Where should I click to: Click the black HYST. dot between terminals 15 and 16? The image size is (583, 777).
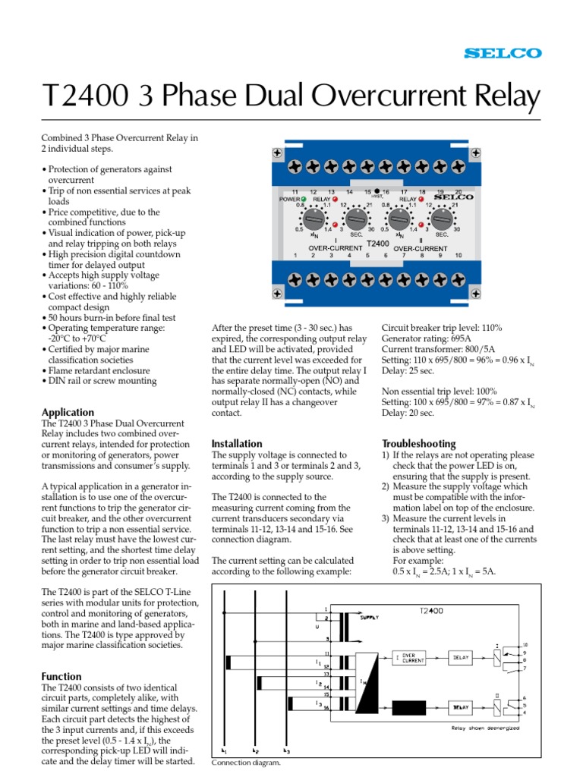pos(377,192)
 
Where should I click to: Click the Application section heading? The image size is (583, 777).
pos(68,413)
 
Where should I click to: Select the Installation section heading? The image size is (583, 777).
pos(237,443)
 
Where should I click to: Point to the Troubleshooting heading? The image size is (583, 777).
pos(418,443)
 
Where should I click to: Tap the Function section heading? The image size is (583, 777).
pos(61,676)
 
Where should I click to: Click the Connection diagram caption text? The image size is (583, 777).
pos(247,763)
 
